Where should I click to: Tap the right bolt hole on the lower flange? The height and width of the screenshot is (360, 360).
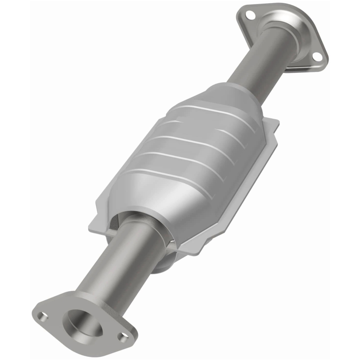point(121,335)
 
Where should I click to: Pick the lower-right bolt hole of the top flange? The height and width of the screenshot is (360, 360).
point(317,56)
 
